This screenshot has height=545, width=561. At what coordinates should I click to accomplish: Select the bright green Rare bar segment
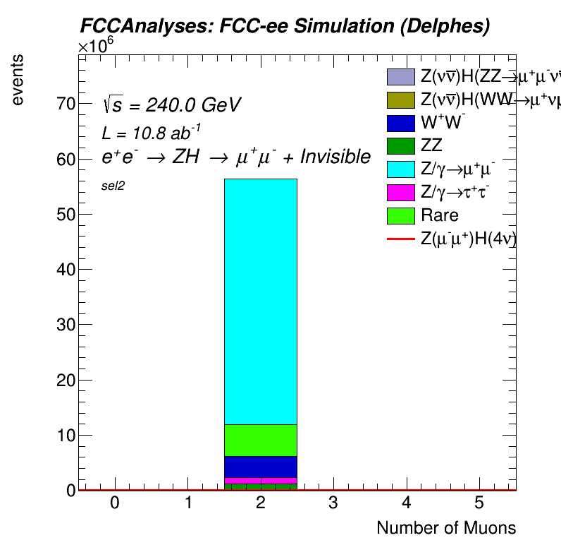(x=260, y=440)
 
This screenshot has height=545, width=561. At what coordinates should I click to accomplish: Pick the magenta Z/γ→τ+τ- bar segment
(x=260, y=481)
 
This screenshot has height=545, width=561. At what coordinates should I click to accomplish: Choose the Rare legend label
(x=439, y=215)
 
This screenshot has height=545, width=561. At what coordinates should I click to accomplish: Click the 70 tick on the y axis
(x=66, y=104)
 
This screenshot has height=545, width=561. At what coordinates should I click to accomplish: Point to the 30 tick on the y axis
(x=66, y=325)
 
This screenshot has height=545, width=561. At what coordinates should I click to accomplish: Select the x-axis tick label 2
(x=261, y=503)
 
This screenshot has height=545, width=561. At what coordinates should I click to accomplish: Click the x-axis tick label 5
(x=479, y=503)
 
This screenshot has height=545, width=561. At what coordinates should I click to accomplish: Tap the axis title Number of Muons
(x=445, y=528)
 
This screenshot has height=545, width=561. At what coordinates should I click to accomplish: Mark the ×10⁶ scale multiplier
(x=95, y=46)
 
